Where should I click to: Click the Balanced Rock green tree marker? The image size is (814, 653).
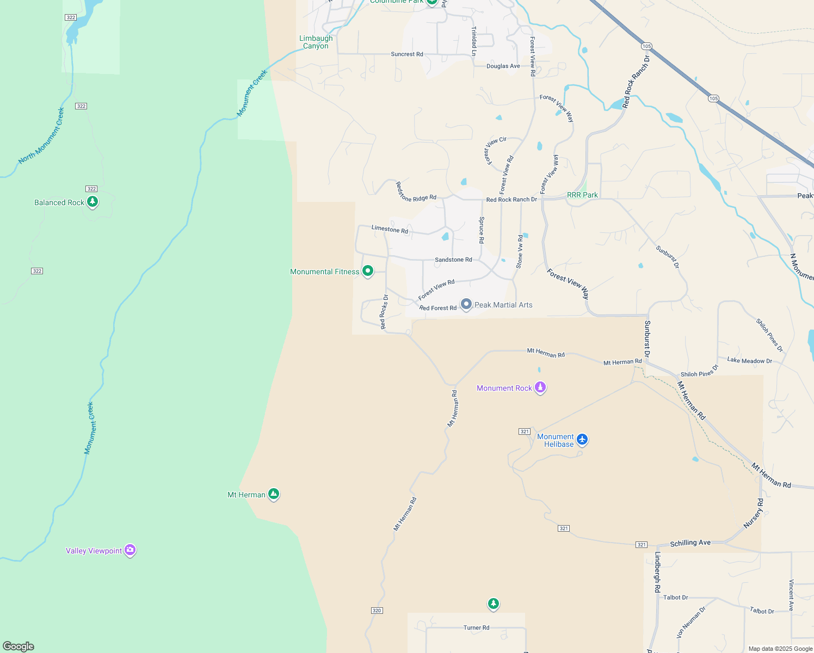[x=92, y=202]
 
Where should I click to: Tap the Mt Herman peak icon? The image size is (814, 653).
[x=274, y=494]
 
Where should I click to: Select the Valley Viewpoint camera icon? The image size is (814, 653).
[x=130, y=550]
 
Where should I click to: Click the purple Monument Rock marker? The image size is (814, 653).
[x=540, y=387]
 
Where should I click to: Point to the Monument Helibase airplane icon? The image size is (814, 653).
[x=582, y=439]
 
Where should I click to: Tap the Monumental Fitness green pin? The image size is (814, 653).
[x=368, y=270]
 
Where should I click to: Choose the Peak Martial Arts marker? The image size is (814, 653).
[x=466, y=304]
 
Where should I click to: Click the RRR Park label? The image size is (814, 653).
[x=582, y=195]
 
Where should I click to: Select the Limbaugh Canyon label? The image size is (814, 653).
[x=316, y=42]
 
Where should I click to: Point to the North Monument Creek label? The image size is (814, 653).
[x=42, y=135]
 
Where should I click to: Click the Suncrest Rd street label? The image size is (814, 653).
[x=407, y=54]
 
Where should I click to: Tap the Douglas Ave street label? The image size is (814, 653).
[x=503, y=66]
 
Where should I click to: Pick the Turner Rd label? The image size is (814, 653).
[x=477, y=627]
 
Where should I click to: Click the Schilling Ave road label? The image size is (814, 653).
[x=690, y=543]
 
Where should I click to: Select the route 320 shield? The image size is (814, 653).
[x=377, y=611]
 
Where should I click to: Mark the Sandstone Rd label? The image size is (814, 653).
[x=453, y=260]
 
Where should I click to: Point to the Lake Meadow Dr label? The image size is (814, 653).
[x=750, y=361]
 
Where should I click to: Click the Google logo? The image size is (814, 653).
[x=18, y=646]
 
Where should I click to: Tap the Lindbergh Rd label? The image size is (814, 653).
[x=657, y=572]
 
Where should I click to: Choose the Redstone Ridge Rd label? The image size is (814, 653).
[x=416, y=192]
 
